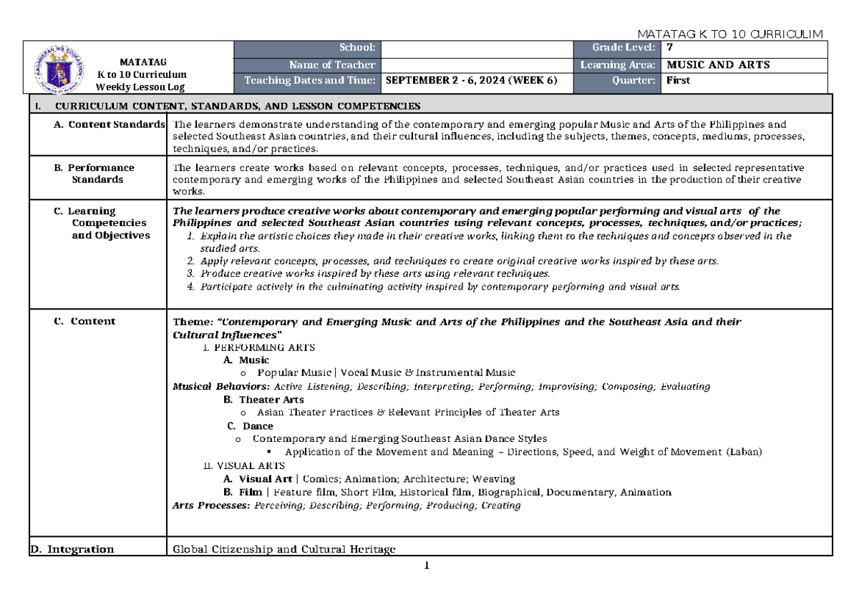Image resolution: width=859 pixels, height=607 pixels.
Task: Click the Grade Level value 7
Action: click(x=670, y=48)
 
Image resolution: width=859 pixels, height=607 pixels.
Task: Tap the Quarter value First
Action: click(x=678, y=80)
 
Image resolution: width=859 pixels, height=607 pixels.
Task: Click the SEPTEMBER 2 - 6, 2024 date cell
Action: click(x=470, y=80)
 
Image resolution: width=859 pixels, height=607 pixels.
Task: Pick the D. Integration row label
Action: click(x=71, y=549)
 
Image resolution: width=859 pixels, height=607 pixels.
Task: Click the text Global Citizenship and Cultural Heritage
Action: click(x=284, y=549)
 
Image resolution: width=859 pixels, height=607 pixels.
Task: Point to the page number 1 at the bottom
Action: click(x=427, y=566)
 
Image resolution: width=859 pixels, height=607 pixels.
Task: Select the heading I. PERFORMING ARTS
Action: click(x=259, y=347)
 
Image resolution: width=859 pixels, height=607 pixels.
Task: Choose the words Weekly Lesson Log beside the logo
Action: click(x=142, y=87)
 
